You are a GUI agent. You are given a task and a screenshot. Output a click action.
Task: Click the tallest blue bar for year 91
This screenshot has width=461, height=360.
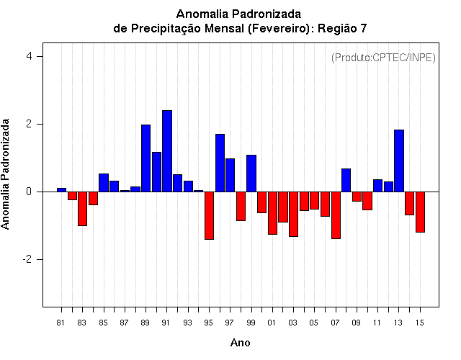coord(167,151)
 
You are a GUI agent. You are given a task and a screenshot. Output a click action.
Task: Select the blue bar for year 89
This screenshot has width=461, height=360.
coord(146,158)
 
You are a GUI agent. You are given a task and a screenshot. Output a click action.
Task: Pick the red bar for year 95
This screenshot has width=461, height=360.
coord(209,216)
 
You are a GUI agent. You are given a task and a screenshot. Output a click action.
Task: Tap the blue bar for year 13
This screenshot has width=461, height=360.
coord(399,161)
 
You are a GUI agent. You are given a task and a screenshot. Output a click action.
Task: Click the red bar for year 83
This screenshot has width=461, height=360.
coord(82,209)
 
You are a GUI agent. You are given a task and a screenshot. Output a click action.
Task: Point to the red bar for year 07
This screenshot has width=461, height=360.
coord(336,215)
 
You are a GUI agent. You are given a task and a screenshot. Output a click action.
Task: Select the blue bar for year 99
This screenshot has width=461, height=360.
coord(251,174)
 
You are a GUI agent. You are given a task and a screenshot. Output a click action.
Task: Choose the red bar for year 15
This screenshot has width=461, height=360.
coord(420,212)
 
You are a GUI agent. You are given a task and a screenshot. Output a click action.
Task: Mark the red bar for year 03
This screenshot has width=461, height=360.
coord(293,215)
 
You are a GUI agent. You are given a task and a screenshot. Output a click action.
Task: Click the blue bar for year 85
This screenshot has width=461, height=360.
coord(104,183)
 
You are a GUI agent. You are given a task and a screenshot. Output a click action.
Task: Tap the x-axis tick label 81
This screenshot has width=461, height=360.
coord(61,323)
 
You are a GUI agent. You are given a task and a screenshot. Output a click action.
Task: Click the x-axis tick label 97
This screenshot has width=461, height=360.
coord(229,323)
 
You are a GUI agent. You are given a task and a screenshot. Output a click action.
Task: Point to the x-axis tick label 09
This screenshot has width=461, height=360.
coord(356,323)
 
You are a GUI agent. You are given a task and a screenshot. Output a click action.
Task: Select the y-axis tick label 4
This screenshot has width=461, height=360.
coord(29,56)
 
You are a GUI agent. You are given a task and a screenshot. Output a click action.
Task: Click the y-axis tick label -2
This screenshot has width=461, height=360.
coord(27,259)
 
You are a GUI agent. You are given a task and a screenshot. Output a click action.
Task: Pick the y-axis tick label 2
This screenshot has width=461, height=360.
coord(29,124)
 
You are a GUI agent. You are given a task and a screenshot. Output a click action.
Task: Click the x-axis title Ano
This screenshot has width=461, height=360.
coord(240,343)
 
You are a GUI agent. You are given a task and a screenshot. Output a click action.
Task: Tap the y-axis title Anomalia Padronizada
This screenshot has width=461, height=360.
coord(5,174)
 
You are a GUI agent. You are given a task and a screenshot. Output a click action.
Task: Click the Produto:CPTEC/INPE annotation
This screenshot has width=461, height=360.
coord(383,58)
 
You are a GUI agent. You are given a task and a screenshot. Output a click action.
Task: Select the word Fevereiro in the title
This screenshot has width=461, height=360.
coord(279,29)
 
